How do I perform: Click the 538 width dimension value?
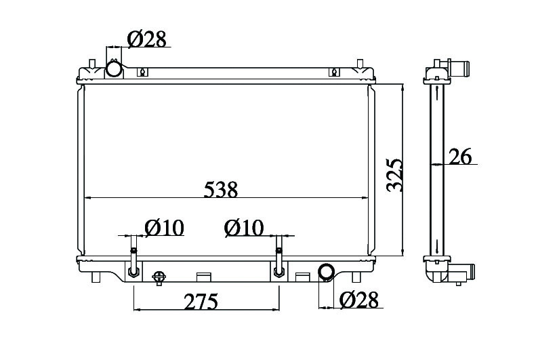220,190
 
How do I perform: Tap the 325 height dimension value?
394,175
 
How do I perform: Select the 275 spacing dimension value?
201,301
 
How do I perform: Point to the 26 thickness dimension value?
460,156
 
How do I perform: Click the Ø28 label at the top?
146,39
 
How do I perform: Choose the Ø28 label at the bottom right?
359,300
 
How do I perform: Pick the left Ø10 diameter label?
165,227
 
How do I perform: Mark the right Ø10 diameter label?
244,227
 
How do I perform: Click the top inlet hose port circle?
114,68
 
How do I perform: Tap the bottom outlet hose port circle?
327,272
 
